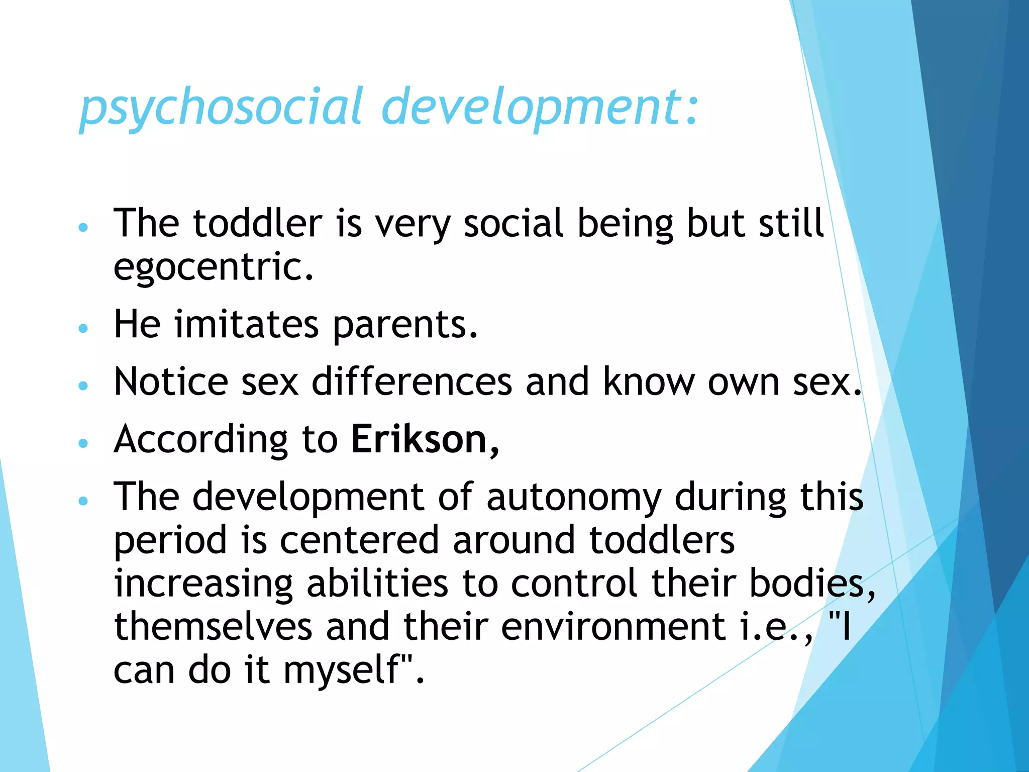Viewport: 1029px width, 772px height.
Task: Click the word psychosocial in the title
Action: point(221,107)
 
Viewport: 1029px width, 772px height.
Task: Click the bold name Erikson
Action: point(419,439)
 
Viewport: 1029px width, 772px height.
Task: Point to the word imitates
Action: point(246,324)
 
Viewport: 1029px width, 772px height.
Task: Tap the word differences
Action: point(411,382)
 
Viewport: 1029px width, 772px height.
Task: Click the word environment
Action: point(613,627)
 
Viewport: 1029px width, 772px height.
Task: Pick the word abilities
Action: point(377,584)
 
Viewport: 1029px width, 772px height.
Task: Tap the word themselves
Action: point(213,627)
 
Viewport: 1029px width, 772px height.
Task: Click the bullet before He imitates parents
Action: point(83,328)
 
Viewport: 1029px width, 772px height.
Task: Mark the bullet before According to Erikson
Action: point(83,443)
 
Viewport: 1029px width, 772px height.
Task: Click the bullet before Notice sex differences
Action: point(83,385)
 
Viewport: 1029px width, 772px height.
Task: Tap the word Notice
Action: point(171,382)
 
